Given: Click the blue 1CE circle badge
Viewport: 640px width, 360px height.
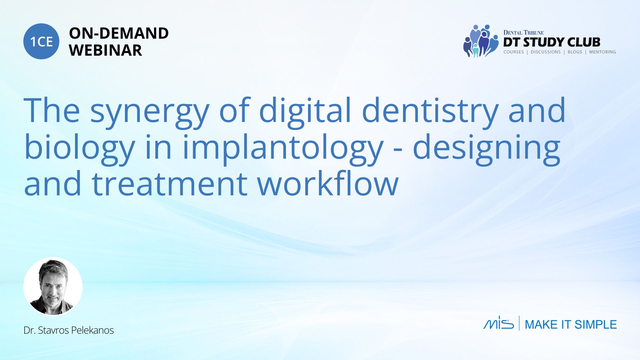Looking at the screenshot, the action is click(41, 41).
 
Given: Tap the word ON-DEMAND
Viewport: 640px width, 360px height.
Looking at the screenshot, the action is click(119, 33).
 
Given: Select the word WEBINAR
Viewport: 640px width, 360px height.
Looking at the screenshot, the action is click(105, 50).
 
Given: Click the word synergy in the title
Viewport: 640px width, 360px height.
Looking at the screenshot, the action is click(149, 112).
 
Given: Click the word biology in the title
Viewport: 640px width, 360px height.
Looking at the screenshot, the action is click(80, 149).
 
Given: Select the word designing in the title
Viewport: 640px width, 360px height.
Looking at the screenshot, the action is click(486, 149).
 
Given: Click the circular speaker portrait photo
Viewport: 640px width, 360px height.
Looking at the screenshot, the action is click(53, 286).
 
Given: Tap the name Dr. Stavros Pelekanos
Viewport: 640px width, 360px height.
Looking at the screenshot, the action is click(69, 330).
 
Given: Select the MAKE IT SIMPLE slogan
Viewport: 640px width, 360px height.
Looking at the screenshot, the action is click(571, 324).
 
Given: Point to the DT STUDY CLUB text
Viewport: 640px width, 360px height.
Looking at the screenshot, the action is click(552, 42).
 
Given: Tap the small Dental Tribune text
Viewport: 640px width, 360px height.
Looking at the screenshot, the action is click(523, 32).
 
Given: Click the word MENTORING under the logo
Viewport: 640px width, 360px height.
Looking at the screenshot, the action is click(602, 52).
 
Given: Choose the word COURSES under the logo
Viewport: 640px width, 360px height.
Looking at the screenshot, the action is click(514, 52).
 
